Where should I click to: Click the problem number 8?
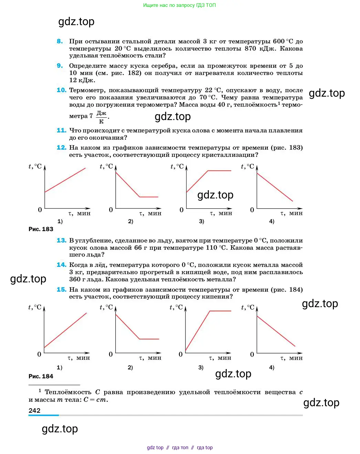[x=60, y=41]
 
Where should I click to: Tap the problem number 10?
[x=61, y=90]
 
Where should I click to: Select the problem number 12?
[x=61, y=148]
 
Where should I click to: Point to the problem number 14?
[x=61, y=265]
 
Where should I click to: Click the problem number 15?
[x=61, y=290]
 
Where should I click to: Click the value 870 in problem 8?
[x=250, y=48]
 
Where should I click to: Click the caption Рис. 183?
[x=41, y=229]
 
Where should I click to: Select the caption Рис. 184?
[x=41, y=376]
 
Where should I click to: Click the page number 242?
[x=34, y=410]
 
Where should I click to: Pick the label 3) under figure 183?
[x=202, y=221]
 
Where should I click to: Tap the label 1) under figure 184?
[x=60, y=368]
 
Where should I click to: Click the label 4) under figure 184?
[x=272, y=368]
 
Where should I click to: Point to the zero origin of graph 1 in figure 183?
[x=40, y=210]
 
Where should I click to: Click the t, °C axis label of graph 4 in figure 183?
[x=247, y=166]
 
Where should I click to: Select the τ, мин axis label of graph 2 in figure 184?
[x=150, y=358]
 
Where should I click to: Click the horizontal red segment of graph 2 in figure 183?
[x=149, y=197]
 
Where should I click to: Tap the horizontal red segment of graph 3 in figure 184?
[x=220, y=311]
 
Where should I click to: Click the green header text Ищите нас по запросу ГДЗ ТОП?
[x=179, y=5]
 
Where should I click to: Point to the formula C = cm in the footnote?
[x=96, y=400]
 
